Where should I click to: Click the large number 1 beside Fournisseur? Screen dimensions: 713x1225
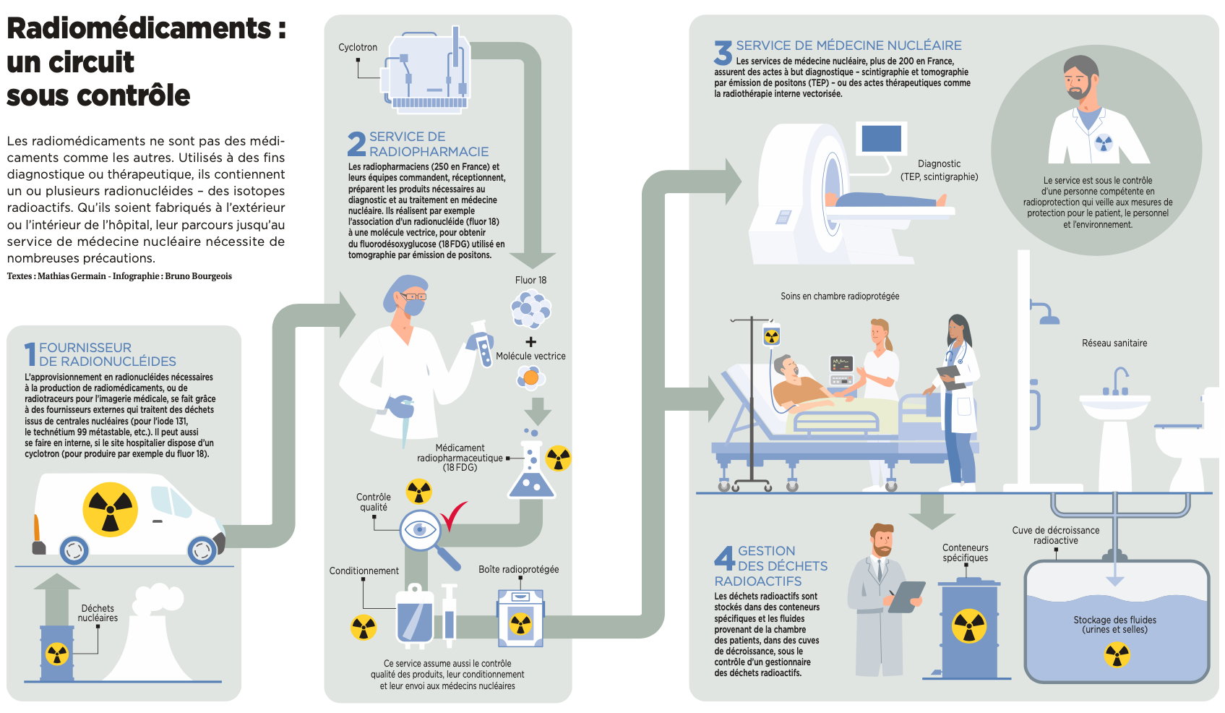pos(30,354)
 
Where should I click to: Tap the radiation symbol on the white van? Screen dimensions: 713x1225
pos(110,510)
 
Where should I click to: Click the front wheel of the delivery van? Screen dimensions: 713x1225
pos(202,552)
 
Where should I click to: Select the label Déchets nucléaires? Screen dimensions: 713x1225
pos(98,613)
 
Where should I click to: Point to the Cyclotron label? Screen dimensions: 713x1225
pos(358,48)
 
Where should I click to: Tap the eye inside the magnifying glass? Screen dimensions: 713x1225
pos(420,530)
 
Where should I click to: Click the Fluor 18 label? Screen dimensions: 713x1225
pos(530,281)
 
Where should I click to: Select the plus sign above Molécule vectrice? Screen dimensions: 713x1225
pos(531,342)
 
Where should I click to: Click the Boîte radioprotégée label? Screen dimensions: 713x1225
pos(518,570)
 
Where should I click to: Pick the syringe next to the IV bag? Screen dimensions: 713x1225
pos(450,615)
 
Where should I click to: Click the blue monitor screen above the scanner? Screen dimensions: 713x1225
pos(882,138)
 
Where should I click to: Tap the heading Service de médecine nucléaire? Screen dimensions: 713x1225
pos(848,46)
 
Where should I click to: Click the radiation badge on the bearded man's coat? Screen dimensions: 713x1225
pos(1103,142)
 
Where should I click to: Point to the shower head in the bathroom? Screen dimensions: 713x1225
pos(1048,317)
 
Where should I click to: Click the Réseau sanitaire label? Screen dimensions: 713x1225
pos(1114,343)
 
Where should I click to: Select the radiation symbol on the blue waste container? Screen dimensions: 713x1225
pos(969,626)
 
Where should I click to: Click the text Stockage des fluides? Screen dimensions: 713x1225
pos(1114,620)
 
